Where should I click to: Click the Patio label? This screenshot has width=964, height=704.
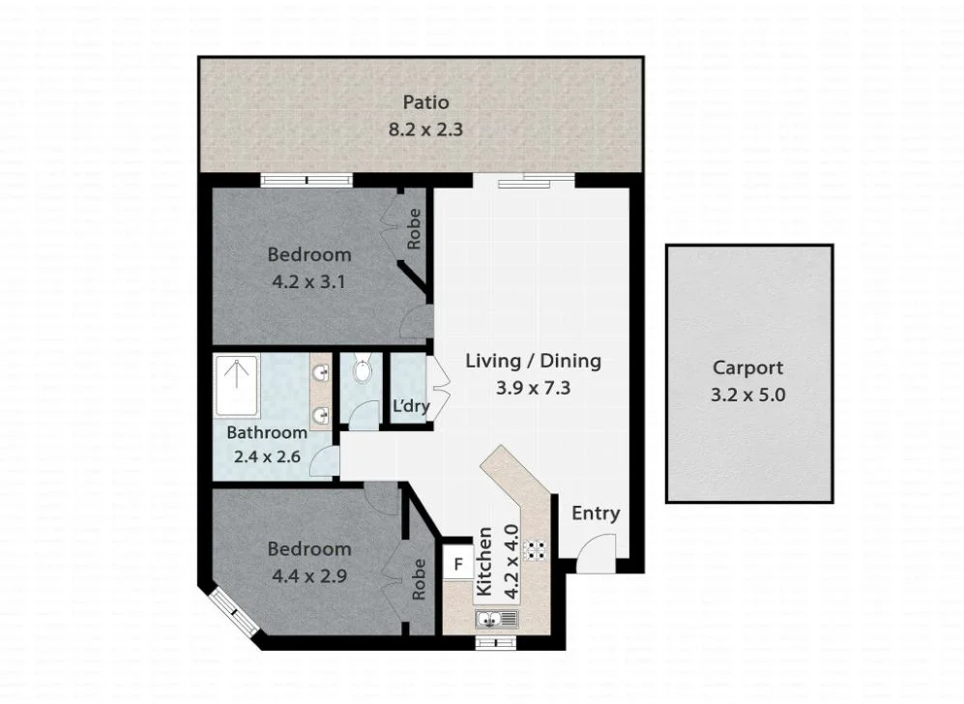pos(426,103)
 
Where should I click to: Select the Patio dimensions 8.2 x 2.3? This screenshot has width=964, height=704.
pos(426,129)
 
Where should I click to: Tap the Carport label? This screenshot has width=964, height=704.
pos(747,367)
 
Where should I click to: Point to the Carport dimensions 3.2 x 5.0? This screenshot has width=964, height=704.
pos(747,395)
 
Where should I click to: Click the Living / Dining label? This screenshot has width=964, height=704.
pos(533,361)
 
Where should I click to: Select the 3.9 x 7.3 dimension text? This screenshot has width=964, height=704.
pos(533,388)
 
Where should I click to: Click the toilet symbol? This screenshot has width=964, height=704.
pos(362,370)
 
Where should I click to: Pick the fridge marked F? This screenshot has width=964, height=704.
pos(459,563)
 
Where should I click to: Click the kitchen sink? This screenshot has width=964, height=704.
pos(497,618)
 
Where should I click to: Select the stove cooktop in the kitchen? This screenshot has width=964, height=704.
pos(535,550)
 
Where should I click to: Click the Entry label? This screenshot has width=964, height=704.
pos(595,513)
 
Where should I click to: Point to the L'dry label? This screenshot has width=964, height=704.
pos(410,406)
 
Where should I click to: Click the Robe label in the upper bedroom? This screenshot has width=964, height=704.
pos(414,229)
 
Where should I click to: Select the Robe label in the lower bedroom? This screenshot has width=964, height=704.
pos(419,580)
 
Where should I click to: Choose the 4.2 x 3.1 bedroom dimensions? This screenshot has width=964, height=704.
pos(308,282)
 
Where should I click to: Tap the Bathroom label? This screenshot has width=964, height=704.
pos(267,433)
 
